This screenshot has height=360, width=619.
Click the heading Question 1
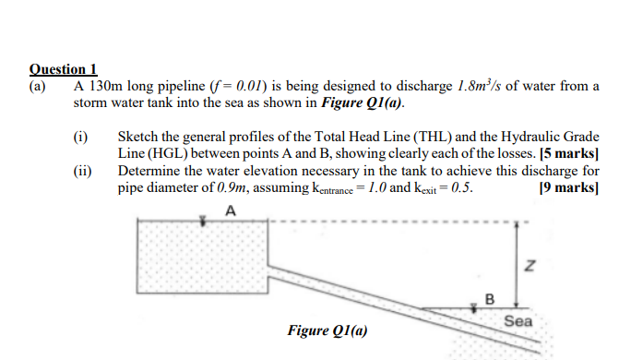point(64,69)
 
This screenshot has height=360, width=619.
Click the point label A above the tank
point(230,209)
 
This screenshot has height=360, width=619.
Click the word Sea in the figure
point(518,321)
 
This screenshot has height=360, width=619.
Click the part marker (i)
point(80,137)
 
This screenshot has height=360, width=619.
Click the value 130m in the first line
point(105,86)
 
